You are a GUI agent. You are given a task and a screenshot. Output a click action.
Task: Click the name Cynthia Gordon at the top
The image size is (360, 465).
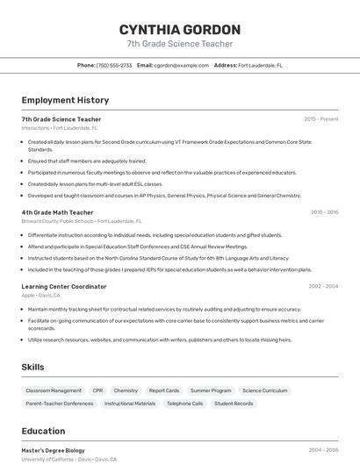point(180,29)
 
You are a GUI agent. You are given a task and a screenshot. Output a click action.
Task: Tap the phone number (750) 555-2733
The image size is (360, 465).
point(114,65)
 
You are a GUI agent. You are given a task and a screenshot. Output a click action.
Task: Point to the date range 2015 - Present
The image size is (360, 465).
point(321,119)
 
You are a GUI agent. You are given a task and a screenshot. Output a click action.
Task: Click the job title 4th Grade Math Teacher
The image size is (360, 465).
point(57,212)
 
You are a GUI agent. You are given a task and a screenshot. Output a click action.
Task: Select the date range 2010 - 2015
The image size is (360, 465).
point(324,212)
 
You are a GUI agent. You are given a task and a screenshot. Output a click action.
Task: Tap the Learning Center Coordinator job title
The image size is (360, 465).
point(64,286)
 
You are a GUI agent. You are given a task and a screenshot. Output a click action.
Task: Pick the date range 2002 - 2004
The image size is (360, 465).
point(323,286)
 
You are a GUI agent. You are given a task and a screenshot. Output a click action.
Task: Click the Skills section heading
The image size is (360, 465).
point(32,367)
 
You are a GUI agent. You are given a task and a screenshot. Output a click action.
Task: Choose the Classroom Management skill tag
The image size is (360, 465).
point(54,390)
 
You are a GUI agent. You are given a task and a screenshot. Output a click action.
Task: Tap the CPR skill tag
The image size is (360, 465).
point(97,390)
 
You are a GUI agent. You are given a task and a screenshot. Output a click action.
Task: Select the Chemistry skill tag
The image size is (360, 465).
point(126,390)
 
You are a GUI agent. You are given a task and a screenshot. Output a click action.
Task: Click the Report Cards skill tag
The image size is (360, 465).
point(164,390)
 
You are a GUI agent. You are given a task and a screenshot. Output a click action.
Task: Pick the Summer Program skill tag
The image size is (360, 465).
point(211,390)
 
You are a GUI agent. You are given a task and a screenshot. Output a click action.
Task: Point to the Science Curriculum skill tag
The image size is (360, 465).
point(264,390)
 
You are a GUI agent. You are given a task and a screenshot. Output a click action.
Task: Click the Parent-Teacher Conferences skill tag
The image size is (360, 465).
point(60,404)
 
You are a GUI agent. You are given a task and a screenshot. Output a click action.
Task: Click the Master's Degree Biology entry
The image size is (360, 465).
point(54,450)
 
